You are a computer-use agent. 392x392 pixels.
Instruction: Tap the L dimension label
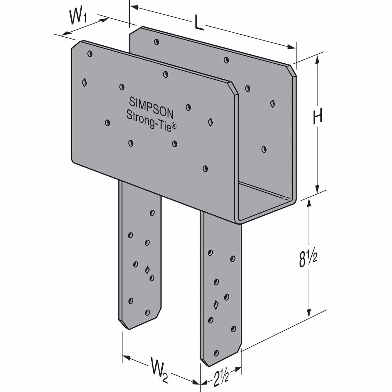[x=199, y=23]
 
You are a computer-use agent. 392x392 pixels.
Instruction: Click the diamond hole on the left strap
[x=147, y=270]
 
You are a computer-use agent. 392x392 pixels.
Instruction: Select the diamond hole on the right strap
[x=216, y=305]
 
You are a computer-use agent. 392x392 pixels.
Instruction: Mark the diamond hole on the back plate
[x=272, y=104]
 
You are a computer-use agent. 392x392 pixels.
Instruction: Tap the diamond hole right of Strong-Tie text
[x=211, y=122]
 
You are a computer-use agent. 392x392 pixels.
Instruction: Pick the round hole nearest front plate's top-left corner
[x=90, y=54]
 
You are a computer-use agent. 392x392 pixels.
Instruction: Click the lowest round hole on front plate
[x=205, y=168]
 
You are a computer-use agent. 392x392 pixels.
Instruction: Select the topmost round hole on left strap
[x=152, y=213]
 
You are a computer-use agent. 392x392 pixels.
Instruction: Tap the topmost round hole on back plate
[x=157, y=41]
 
